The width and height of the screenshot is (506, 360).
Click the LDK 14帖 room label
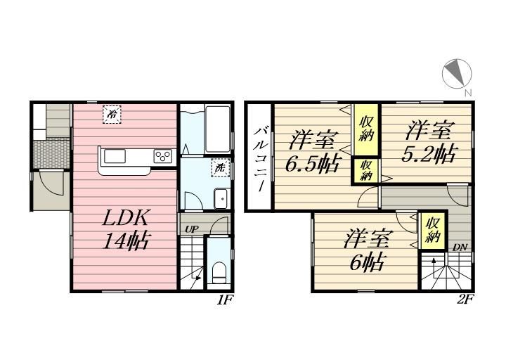tap(126, 230)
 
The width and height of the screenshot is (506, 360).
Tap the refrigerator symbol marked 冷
tap(112, 115)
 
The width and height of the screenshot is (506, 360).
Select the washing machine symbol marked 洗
tap(221, 168)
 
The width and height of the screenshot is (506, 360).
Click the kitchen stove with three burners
tap(163, 157)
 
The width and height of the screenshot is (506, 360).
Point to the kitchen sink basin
tap(115, 157)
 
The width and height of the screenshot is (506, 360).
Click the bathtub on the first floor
tap(217, 129)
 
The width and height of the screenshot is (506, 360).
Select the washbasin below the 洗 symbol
tap(221, 198)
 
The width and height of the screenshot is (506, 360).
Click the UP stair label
tap(191, 229)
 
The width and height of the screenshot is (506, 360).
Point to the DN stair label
tap(460, 247)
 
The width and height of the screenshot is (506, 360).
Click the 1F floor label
tap(225, 300)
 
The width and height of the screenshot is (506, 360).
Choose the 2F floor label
tap(465, 300)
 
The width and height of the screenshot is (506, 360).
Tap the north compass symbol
tap(457, 74)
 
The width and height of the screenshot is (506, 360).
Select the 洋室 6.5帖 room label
tap(312, 153)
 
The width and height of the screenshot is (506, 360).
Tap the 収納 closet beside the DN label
tap(432, 230)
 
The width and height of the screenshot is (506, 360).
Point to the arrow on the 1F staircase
tap(196, 278)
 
